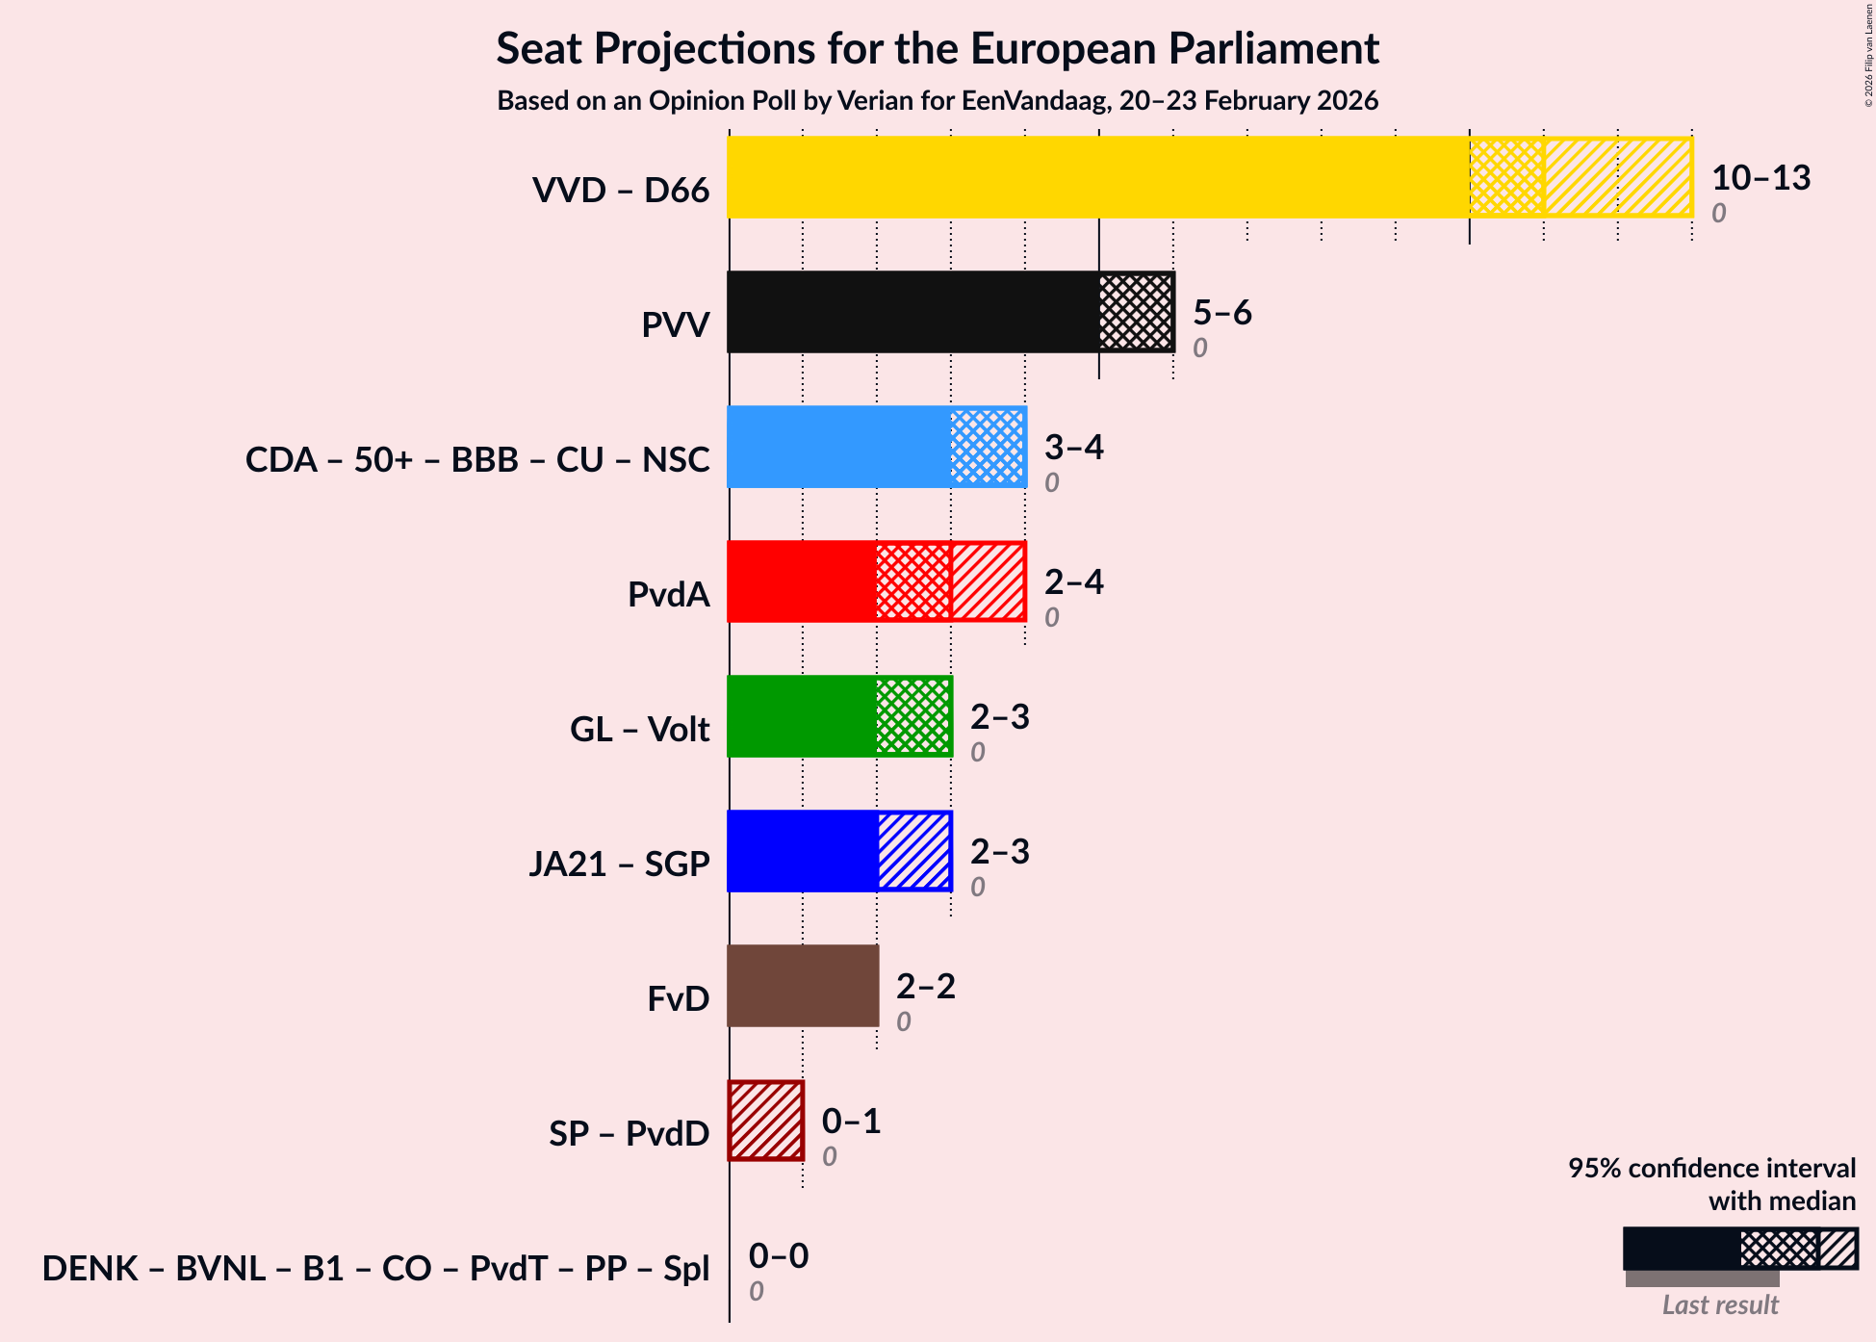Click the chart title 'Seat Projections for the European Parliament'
[938, 49]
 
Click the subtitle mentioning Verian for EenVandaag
[938, 101]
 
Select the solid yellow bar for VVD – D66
[1097, 177]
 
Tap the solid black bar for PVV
[912, 312]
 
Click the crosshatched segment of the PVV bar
[1136, 312]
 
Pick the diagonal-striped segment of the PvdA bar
[988, 581]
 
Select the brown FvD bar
[803, 986]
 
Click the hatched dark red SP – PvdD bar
[766, 1121]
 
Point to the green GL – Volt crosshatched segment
[913, 716]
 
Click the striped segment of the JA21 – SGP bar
[914, 851]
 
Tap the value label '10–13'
[1760, 178]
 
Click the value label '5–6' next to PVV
[1221, 313]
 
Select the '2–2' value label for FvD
[925, 987]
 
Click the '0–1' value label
[851, 1122]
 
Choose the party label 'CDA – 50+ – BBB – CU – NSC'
[477, 459]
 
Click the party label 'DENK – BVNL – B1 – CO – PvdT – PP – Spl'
[375, 1268]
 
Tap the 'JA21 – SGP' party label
[619, 864]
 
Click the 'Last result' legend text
[1720, 1304]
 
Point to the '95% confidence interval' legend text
[1711, 1168]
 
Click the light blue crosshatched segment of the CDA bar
[988, 447]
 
